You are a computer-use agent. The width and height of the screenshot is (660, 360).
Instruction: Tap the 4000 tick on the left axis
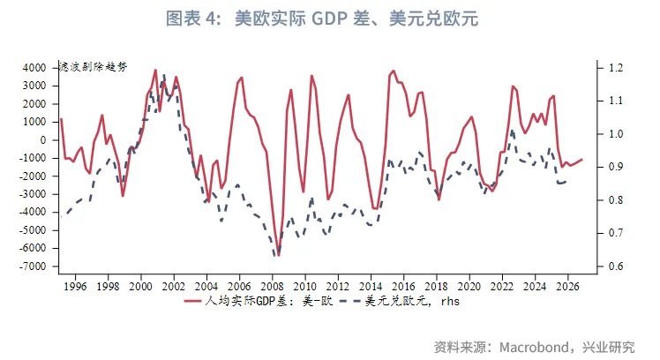[x=34, y=68]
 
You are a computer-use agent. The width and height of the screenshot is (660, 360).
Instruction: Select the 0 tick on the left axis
[x=44, y=140]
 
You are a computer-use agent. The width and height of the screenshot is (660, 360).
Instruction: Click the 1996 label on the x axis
[x=75, y=286]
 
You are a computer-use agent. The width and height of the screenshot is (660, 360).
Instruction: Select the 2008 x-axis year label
[x=272, y=286]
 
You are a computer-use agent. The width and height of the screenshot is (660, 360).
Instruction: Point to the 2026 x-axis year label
[x=566, y=286]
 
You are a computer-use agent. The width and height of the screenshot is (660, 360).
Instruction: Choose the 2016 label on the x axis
[x=403, y=286]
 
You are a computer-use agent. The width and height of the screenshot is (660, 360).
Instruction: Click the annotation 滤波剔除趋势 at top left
[x=94, y=67]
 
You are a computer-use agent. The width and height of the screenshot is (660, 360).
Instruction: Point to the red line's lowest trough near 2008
[x=278, y=253]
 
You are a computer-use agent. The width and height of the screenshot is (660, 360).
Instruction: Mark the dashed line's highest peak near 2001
[x=163, y=75]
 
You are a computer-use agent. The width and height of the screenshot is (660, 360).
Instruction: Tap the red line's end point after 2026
[x=582, y=159]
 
